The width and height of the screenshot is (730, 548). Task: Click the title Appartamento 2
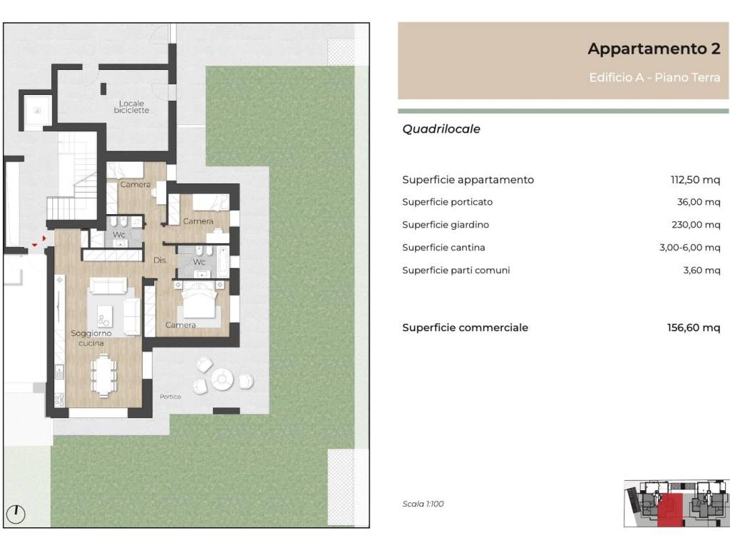point(654,49)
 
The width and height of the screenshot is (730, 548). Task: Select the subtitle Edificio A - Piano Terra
point(654,78)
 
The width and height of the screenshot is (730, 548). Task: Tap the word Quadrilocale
point(441,129)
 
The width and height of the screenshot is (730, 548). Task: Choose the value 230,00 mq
point(696,225)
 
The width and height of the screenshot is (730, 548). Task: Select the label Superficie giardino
point(446,225)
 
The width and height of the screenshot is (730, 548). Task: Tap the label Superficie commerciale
point(465,328)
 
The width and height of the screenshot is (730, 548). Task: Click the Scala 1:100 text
point(423,504)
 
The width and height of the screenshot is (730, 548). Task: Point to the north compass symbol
point(16,512)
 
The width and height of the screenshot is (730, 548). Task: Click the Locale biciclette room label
point(132,108)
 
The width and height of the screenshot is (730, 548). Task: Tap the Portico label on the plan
point(170,397)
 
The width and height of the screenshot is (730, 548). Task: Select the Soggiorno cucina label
point(91,338)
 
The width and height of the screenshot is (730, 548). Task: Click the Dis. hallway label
point(160,260)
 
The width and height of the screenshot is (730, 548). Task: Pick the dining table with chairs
point(104,375)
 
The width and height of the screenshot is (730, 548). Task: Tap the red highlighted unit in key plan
point(669,511)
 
